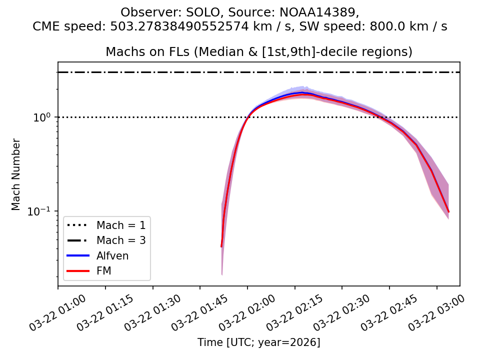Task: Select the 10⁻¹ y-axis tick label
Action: pyautogui.click(x=43, y=211)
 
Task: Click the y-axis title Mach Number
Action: pyautogui.click(x=16, y=174)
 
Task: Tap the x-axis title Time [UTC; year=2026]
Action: pyautogui.click(x=258, y=342)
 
